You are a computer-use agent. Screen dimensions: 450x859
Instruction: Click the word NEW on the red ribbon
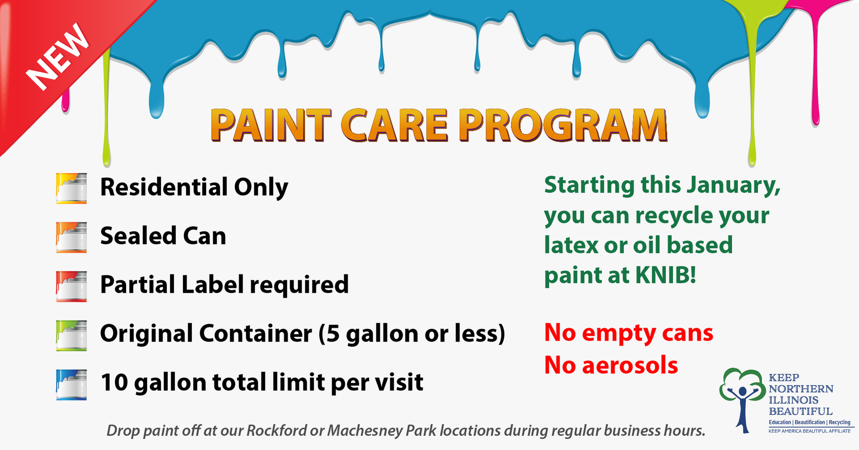57,56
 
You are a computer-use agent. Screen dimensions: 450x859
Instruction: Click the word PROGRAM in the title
563,125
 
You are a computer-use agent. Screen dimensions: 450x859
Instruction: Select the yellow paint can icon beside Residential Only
72,189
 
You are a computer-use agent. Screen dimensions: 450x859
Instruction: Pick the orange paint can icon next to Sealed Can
72,237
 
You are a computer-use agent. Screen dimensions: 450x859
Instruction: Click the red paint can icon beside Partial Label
72,286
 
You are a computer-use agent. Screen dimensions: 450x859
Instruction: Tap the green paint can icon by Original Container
72,335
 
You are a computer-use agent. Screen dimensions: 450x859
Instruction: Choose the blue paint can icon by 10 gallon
72,384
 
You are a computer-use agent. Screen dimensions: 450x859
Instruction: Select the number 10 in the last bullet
115,383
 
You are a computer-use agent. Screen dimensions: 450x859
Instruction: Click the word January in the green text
734,185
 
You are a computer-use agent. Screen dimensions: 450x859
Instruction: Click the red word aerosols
630,365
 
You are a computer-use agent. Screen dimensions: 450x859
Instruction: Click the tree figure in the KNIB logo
743,400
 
